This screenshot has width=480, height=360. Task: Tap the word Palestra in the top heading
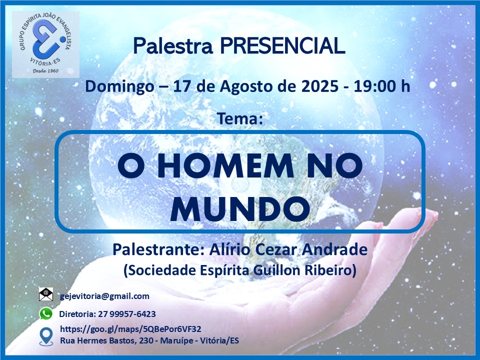tap(173, 46)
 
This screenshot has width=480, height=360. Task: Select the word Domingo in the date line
tap(119, 87)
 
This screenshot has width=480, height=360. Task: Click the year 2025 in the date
tap(320, 86)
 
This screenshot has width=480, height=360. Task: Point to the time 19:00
tap(373, 86)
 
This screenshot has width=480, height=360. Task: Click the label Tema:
tap(240, 118)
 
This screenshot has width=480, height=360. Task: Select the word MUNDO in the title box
tap(240, 209)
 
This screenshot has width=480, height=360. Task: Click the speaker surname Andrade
tap(334, 249)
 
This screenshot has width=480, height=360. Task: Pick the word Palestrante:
tap(158, 249)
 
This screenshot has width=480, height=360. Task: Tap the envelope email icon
tap(46, 294)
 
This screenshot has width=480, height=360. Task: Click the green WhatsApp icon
tap(46, 314)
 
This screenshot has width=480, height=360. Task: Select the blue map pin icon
tap(46, 336)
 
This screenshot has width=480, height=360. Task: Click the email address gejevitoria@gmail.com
tap(104, 296)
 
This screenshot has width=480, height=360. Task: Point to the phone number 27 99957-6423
tap(127, 314)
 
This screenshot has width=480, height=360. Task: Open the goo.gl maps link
tap(130, 329)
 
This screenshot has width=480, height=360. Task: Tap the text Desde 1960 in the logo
tap(45, 71)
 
